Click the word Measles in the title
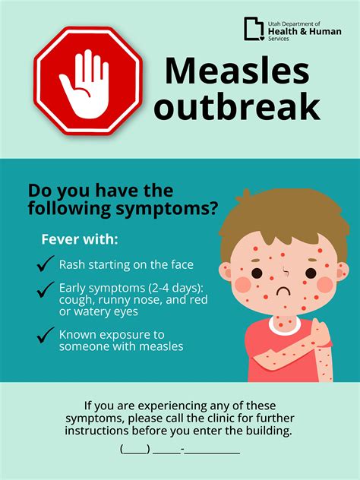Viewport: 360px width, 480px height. click(x=237, y=71)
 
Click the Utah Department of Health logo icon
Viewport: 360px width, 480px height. click(x=253, y=29)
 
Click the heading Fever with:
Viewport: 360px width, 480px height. click(x=80, y=239)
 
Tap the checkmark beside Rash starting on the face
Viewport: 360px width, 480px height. click(x=46, y=264)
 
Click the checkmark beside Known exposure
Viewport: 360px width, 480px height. click(x=46, y=334)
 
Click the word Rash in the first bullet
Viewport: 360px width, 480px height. click(x=73, y=265)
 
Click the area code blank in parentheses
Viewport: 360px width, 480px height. click(x=134, y=448)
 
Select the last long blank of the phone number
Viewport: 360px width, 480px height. click(x=212, y=448)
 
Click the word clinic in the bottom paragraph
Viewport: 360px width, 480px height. click(x=234, y=418)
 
